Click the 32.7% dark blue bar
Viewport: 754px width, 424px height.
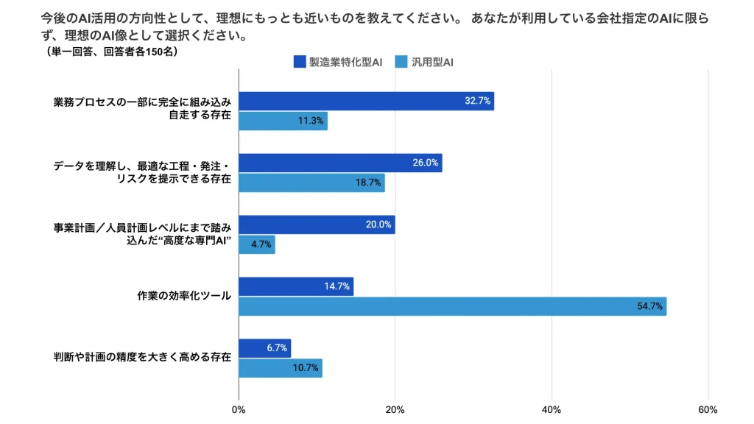coord(366,101)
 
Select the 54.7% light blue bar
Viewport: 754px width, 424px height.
coord(452,306)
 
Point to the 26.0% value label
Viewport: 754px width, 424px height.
coord(426,163)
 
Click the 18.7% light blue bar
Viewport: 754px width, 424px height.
coord(311,183)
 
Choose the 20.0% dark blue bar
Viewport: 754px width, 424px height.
coord(317,225)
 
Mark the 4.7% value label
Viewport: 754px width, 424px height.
coord(261,244)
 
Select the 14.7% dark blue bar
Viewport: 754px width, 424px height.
coord(296,286)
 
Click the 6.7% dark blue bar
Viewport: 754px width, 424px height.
coord(265,348)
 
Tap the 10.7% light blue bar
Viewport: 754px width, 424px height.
coord(281,368)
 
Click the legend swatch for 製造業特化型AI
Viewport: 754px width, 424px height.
coord(299,63)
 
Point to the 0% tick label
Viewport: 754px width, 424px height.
coord(239,409)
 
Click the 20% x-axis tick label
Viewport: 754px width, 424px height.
coord(395,409)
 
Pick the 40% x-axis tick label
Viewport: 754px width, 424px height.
coord(552,409)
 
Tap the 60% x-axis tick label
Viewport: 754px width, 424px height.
coord(708,409)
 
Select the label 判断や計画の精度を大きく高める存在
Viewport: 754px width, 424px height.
coord(143,358)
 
